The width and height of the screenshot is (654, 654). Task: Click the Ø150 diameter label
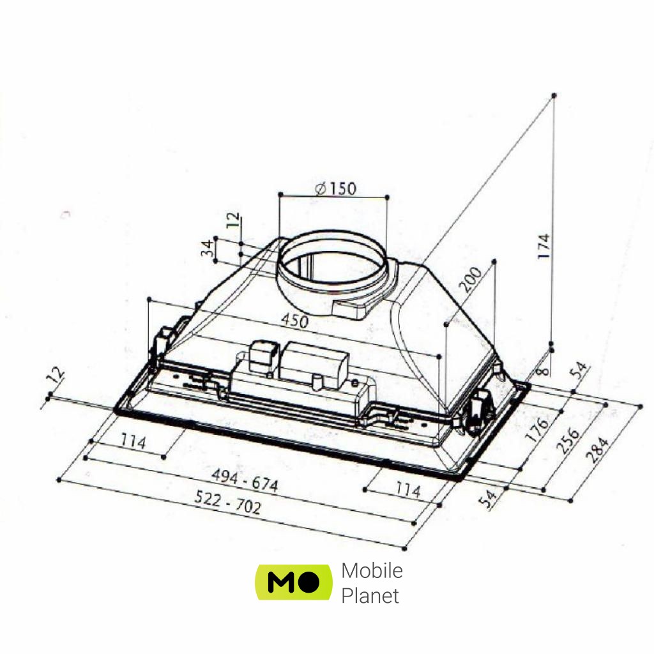tap(336, 188)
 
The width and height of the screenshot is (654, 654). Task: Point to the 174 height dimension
tap(543, 246)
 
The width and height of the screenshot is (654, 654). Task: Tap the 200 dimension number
tap(471, 280)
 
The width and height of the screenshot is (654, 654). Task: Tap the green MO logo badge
tap(294, 582)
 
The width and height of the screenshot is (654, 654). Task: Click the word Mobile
tap(372, 570)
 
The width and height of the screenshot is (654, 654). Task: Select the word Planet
tap(370, 596)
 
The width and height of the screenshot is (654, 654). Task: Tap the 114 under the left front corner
tap(133, 442)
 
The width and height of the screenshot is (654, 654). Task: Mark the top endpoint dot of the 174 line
tap(554, 95)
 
